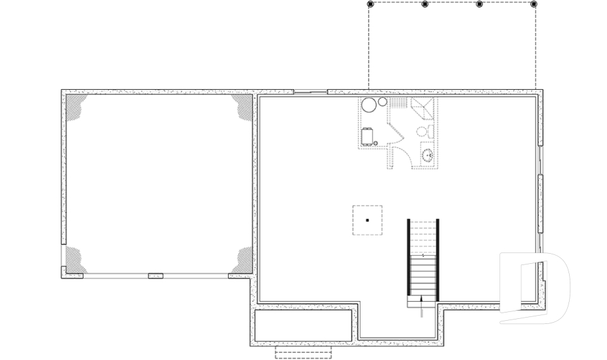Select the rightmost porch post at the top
click(x=534, y=4)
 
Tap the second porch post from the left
click(x=425, y=4)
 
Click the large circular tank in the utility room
click(x=369, y=106)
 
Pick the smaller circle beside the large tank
click(x=382, y=102)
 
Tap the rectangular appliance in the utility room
click(x=367, y=136)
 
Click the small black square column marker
click(x=367, y=220)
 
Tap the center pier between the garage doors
click(x=156, y=276)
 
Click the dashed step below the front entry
click(x=303, y=352)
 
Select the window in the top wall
click(x=310, y=92)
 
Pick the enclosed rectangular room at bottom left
click(x=303, y=325)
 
